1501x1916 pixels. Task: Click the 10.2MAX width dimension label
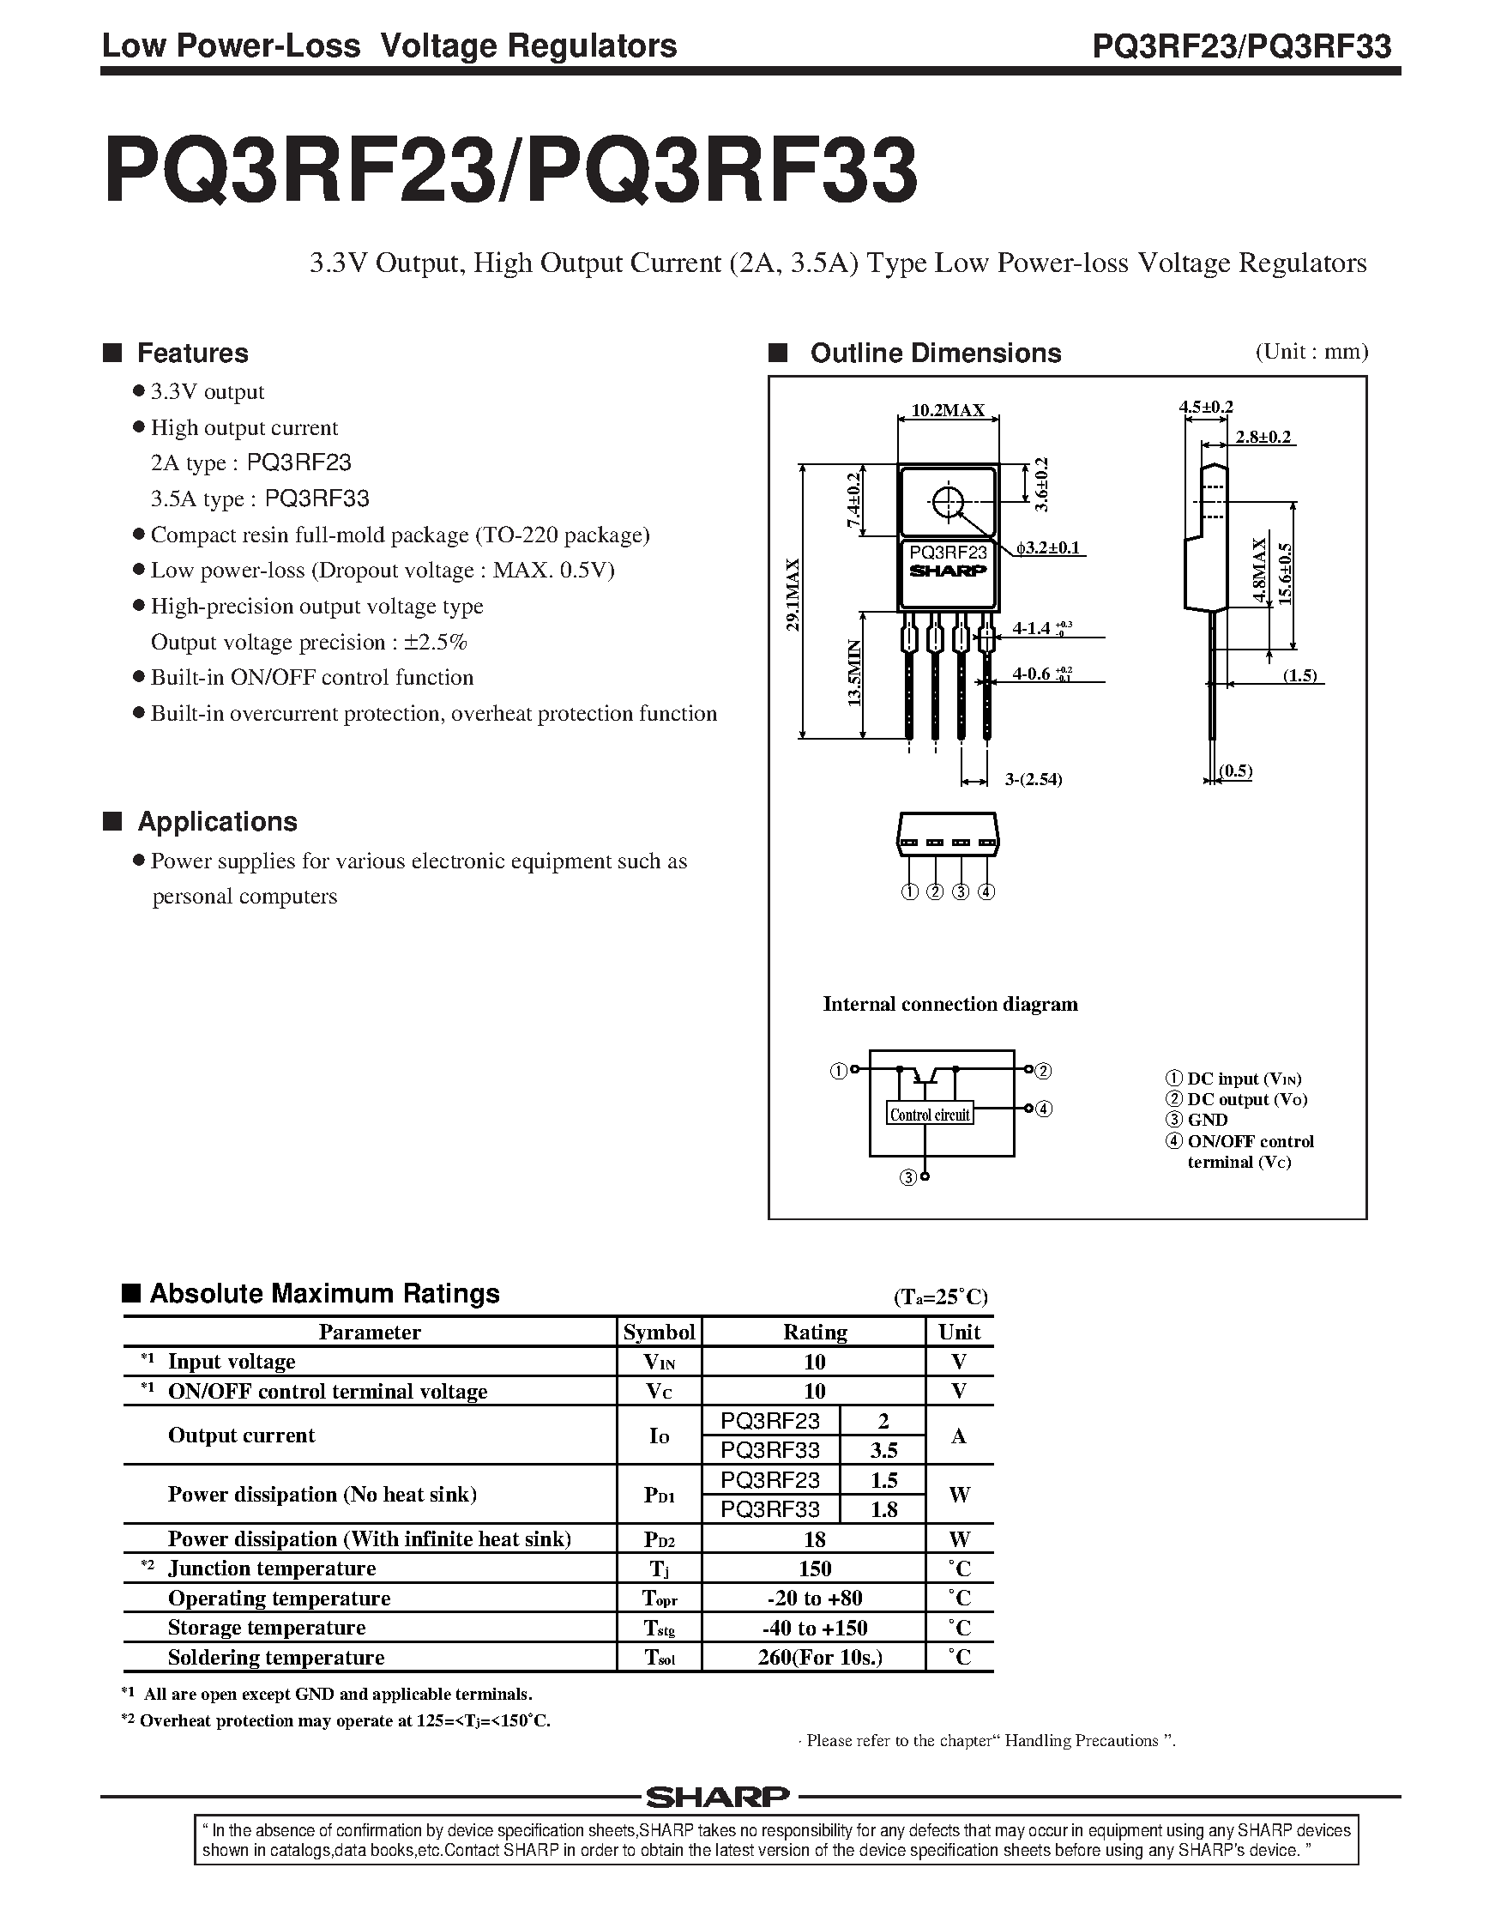(948, 410)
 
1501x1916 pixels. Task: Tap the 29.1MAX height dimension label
(793, 595)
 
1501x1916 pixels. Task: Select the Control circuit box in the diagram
(930, 1115)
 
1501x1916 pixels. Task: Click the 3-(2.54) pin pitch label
(1034, 780)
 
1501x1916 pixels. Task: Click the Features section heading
(192, 354)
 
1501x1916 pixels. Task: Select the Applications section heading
(217, 822)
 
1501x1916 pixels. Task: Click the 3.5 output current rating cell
(883, 1450)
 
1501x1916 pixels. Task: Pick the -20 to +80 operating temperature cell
(814, 1598)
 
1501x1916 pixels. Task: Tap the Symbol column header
(659, 1333)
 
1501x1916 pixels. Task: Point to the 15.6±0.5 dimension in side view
(1286, 574)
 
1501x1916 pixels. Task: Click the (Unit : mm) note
(1311, 352)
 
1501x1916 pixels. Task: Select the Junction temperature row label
(272, 1568)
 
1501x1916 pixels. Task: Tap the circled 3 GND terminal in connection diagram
(907, 1178)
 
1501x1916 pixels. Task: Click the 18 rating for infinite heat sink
(814, 1539)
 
